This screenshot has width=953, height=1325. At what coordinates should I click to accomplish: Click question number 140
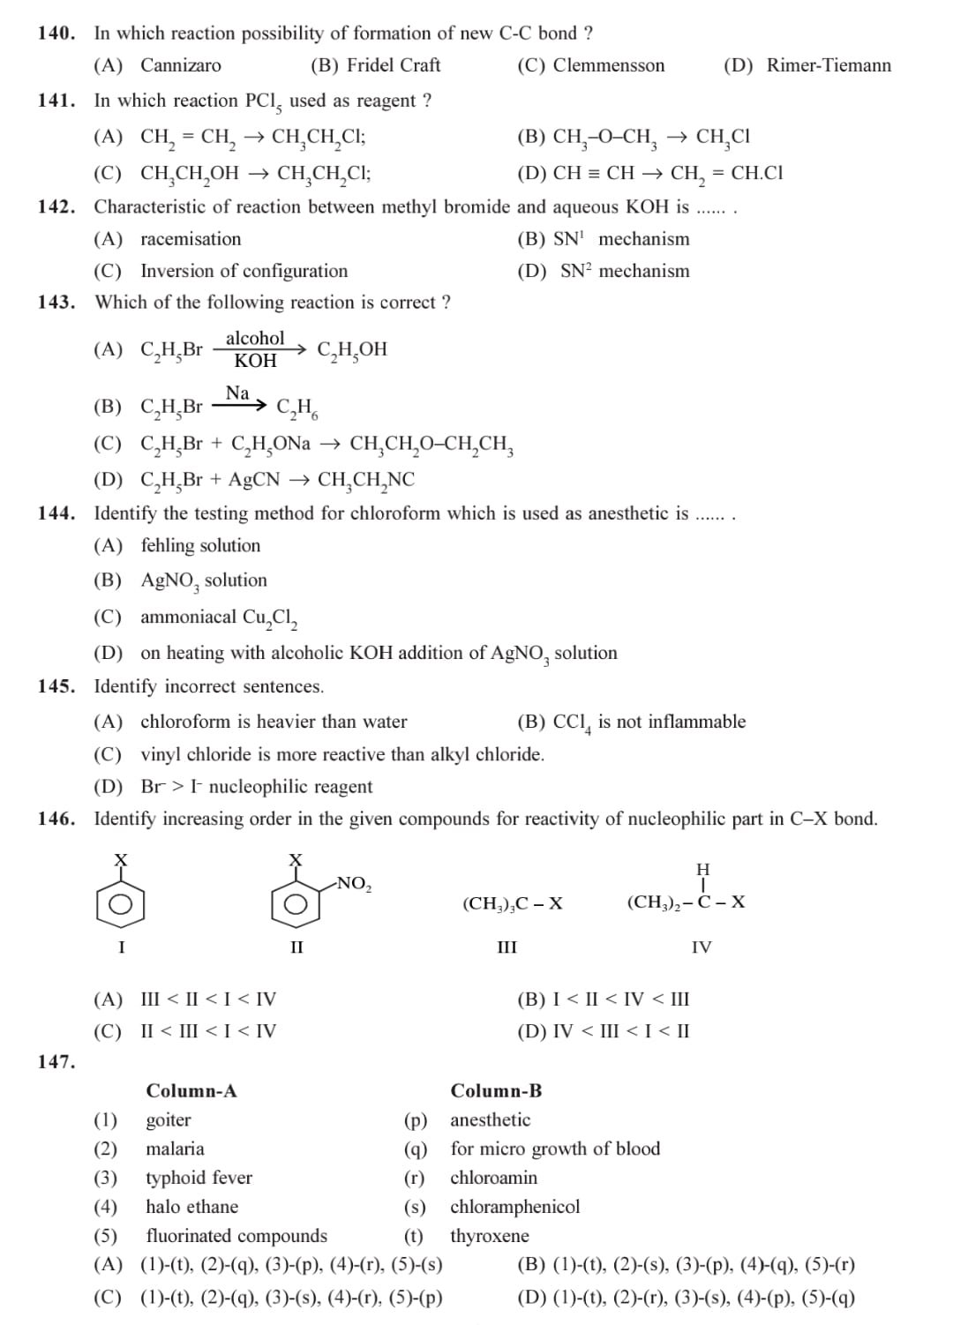click(x=56, y=34)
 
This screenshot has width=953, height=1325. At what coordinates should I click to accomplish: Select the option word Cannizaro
click(x=181, y=65)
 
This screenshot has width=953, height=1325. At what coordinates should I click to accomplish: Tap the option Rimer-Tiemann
click(x=829, y=65)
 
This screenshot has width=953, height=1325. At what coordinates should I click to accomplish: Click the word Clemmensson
click(x=608, y=65)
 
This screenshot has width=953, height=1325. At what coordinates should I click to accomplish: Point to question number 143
click(x=56, y=303)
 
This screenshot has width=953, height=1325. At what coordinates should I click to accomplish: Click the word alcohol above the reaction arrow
click(x=255, y=339)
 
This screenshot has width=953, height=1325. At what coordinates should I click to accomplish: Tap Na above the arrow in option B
click(x=237, y=393)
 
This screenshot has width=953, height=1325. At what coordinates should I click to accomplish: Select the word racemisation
click(x=191, y=239)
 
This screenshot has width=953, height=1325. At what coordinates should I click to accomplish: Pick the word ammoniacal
click(x=188, y=618)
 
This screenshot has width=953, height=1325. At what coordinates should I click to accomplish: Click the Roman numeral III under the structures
click(x=507, y=947)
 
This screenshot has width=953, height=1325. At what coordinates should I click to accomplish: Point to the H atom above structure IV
click(x=702, y=870)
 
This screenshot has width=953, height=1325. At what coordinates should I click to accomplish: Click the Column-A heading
click(x=191, y=1091)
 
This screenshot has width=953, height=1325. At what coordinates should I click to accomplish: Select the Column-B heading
click(x=496, y=1091)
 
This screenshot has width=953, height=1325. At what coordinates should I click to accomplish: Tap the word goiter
click(x=169, y=1120)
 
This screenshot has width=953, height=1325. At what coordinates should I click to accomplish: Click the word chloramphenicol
click(x=515, y=1207)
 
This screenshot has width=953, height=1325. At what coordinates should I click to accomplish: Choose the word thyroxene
click(x=490, y=1236)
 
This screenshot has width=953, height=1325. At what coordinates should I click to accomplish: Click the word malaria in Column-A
click(x=175, y=1149)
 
